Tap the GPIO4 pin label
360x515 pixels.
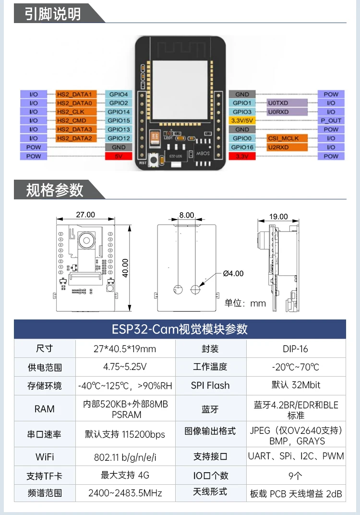pos(118,95)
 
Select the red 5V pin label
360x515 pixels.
pos(118,156)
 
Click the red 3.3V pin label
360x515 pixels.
pos(242,156)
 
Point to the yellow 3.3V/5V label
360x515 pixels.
pos(242,121)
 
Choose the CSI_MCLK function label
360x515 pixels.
pos(287,138)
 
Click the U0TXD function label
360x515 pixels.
pos(287,103)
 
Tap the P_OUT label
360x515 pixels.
pos(331,121)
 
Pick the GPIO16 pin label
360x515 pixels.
pos(242,147)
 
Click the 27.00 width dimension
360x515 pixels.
pos(85,215)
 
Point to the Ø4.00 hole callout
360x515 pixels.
pos(233,273)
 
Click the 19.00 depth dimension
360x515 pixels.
pos(278,217)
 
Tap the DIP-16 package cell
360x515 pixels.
pos(296,349)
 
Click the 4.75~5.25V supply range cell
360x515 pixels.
pos(125,367)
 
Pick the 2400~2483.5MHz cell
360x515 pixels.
pos(125,493)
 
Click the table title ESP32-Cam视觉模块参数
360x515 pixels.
pos(180,329)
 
